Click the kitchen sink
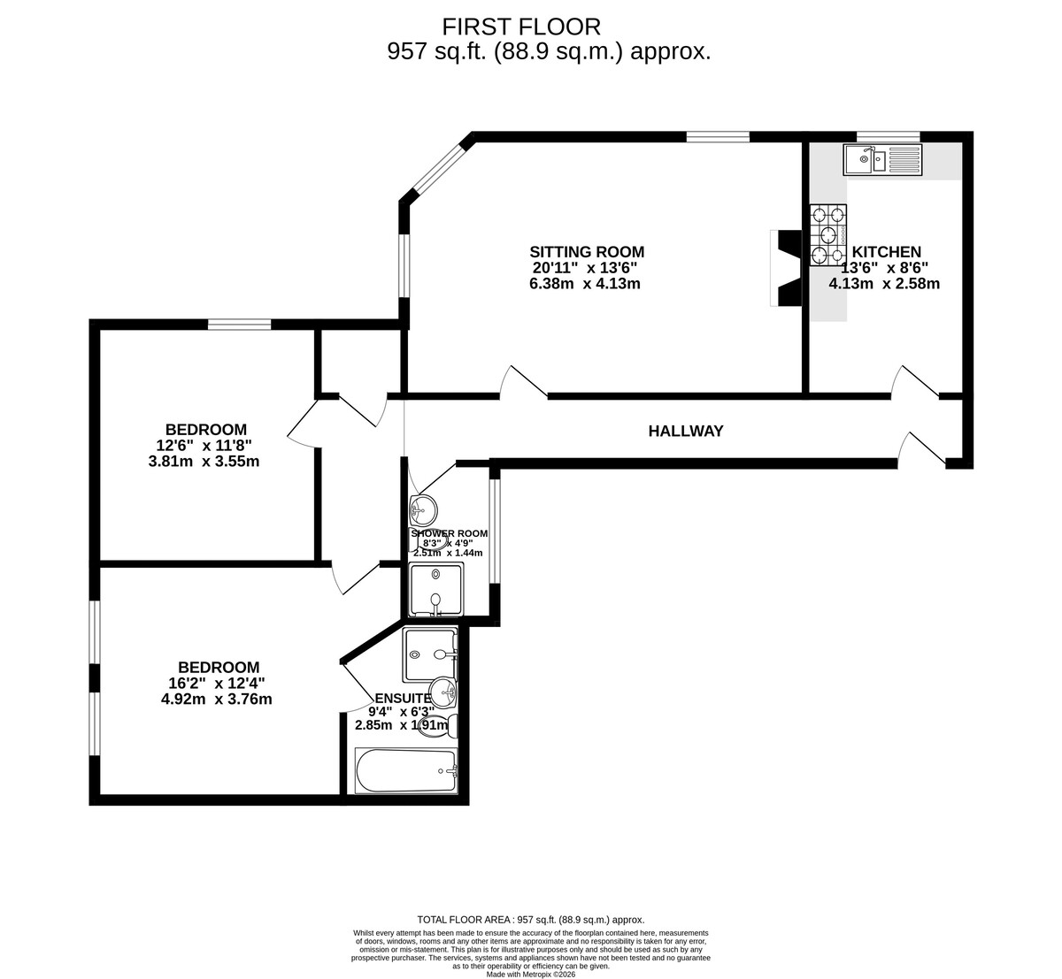(x=881, y=160)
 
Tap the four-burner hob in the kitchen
(x=827, y=235)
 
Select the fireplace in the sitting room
(x=787, y=268)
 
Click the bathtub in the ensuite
(x=406, y=770)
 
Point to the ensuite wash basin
(x=443, y=692)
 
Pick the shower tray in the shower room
(x=435, y=589)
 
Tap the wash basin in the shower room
(x=424, y=509)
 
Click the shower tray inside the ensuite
(x=429, y=654)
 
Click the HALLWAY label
(x=686, y=432)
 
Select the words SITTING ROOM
(x=587, y=252)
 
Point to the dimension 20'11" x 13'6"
(x=585, y=268)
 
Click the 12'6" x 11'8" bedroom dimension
(x=204, y=446)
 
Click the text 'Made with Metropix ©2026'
(x=531, y=974)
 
